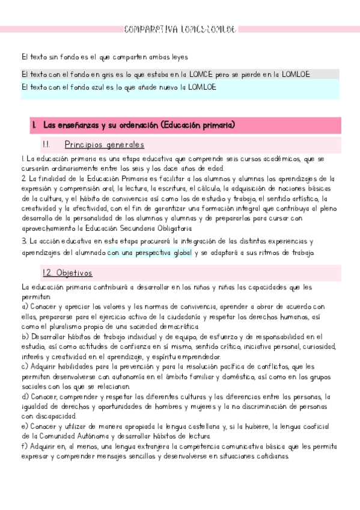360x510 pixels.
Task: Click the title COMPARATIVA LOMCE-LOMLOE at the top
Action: pyautogui.click(x=180, y=29)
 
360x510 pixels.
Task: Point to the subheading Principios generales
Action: pyautogui.click(x=104, y=145)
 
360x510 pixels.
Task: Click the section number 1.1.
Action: pyautogui.click(x=48, y=145)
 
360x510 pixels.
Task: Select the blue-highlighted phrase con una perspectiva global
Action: pyautogui.click(x=150, y=253)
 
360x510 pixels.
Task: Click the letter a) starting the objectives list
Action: pyautogui.click(x=24, y=307)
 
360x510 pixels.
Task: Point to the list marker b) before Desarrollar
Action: pyautogui.click(x=24, y=336)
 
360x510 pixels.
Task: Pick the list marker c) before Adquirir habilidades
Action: pyautogui.click(x=24, y=365)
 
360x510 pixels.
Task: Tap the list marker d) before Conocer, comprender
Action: pyautogui.click(x=24, y=396)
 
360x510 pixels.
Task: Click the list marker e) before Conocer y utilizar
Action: pyautogui.click(x=24, y=426)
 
